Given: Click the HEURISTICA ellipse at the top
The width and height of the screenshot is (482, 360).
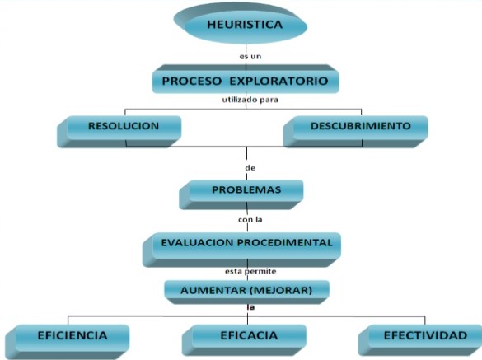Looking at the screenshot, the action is pos(241,24).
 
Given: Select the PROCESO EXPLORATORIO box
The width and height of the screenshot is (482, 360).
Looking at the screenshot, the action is pos(246,79).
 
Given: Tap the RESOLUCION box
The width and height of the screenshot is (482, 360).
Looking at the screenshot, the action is pos(119,132).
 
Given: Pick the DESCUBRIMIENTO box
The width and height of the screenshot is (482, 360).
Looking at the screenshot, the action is pos(355,131).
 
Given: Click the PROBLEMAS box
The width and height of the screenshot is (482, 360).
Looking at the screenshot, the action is pos(241,194).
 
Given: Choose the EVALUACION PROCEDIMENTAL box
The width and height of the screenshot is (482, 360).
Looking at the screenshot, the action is pos(241,250).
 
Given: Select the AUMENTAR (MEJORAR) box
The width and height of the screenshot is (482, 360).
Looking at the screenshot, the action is pos(247,292).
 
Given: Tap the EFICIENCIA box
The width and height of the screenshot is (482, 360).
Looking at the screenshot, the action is pos(68,342).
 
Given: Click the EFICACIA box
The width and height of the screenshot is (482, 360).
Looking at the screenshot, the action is pos(244,340).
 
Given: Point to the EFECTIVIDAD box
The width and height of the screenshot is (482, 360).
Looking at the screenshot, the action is pos(420,340).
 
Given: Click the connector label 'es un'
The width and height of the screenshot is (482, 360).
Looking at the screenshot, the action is pos(250,57).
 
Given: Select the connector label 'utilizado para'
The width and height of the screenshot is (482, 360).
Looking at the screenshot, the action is pos(250,100).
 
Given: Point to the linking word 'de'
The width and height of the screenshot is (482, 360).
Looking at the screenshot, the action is pos(250,168).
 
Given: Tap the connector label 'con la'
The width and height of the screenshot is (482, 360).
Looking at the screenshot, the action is pos(250,219).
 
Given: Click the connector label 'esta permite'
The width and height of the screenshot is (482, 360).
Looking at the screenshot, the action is pos(250,272).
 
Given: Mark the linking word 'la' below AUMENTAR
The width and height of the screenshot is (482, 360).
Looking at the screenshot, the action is pos(250,307).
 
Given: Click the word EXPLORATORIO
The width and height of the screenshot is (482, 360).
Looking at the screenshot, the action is pos(278,81).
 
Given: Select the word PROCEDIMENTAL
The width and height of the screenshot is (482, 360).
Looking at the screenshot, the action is pos(284,242).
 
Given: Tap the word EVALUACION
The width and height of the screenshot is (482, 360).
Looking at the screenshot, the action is pos(198,242).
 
